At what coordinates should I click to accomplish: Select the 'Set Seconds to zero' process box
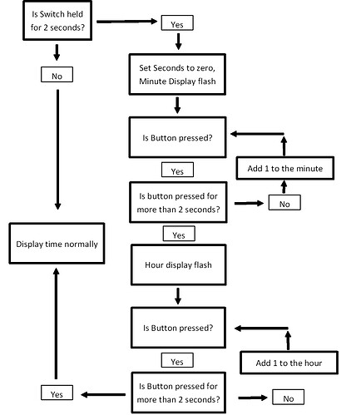click(177, 73)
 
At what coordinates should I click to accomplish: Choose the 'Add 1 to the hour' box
click(289, 363)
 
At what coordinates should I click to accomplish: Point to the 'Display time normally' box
click(57, 244)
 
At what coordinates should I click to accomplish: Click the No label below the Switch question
click(57, 76)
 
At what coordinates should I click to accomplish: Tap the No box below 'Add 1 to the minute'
click(283, 201)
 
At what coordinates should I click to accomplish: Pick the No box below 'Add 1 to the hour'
click(289, 398)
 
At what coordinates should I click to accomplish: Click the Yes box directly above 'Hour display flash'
click(177, 235)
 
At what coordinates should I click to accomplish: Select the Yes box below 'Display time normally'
click(57, 393)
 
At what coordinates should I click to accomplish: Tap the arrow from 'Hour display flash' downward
click(177, 295)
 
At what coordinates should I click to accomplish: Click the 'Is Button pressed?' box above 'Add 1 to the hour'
click(177, 328)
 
